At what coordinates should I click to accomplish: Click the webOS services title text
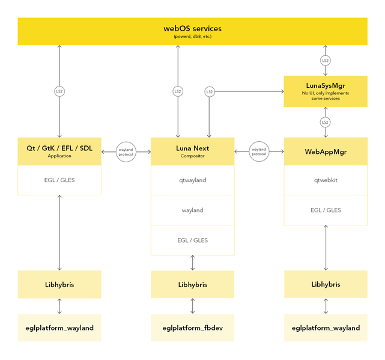(192, 28)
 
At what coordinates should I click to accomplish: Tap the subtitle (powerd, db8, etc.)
(192, 37)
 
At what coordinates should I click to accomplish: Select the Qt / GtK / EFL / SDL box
(59, 151)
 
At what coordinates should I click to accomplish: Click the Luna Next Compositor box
(192, 151)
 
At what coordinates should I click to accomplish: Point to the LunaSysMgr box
(325, 91)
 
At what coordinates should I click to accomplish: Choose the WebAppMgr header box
(325, 151)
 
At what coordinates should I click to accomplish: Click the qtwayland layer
(192, 180)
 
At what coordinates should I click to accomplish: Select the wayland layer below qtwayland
(192, 210)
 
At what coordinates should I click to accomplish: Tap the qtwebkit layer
(325, 180)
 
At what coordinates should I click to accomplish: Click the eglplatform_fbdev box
(192, 328)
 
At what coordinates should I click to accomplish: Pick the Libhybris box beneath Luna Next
(192, 284)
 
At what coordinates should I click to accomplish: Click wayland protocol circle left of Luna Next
(126, 151)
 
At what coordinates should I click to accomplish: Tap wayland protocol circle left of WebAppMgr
(259, 151)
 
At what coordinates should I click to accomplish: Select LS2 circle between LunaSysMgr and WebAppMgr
(325, 122)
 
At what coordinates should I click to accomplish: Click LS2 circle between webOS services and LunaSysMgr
(325, 61)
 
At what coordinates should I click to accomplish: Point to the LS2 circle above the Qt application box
(59, 91)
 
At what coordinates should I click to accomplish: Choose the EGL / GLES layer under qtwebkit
(325, 210)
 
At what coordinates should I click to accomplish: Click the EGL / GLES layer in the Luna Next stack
(192, 240)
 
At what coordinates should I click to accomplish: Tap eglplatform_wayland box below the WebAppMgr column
(325, 328)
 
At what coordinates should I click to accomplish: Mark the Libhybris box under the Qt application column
(59, 284)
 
